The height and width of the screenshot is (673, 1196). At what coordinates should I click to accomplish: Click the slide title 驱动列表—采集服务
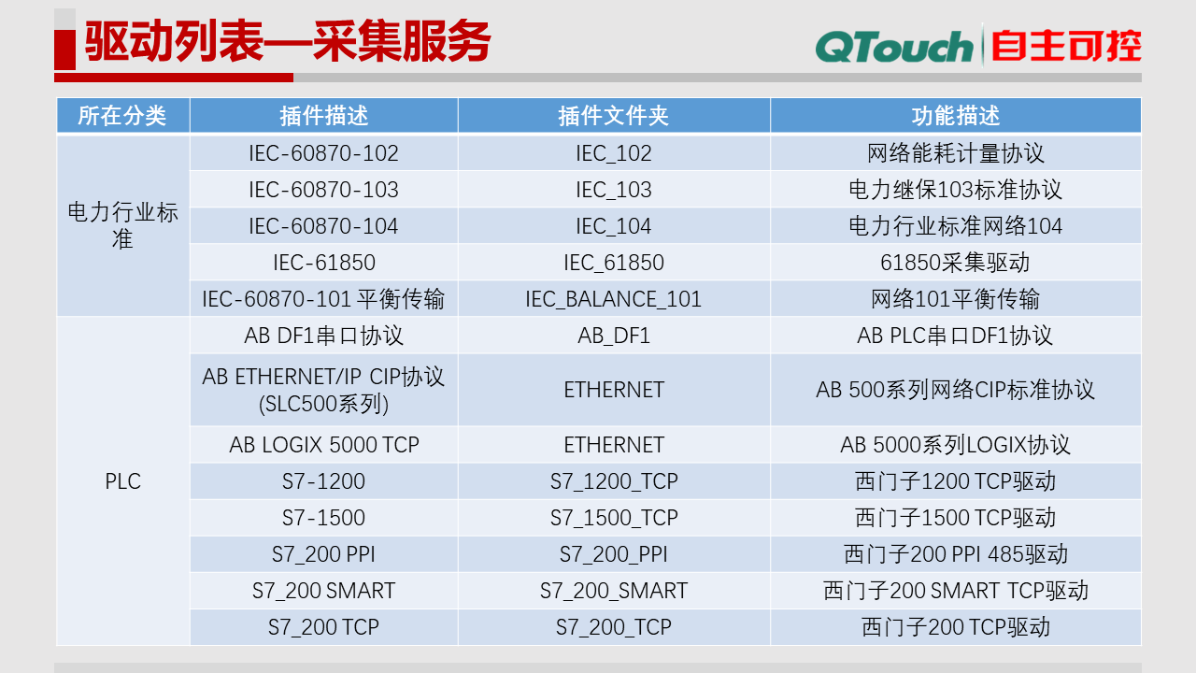point(288,42)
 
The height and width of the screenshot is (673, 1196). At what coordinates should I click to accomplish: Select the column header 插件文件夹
point(613,115)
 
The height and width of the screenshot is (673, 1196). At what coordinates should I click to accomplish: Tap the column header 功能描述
point(955,115)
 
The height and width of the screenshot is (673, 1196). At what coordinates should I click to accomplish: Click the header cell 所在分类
point(122,115)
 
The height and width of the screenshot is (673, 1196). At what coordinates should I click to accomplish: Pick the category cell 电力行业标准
point(122,225)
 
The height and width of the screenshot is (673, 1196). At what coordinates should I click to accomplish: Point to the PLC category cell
point(122,481)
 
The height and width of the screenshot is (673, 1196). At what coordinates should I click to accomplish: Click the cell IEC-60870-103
point(323,190)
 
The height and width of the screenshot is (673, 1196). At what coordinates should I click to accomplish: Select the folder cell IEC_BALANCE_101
point(613,299)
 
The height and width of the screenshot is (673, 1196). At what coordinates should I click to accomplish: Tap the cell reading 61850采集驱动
point(955,263)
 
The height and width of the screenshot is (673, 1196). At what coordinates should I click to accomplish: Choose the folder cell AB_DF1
point(613,336)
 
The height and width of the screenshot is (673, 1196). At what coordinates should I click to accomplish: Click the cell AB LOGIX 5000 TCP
point(323,445)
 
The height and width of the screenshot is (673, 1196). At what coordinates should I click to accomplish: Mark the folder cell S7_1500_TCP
point(613,518)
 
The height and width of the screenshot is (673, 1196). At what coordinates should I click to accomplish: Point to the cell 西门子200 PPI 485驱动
point(955,554)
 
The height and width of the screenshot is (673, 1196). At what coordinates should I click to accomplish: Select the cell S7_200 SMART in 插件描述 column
point(323,591)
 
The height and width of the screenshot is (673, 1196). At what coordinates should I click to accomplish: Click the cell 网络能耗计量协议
point(955,153)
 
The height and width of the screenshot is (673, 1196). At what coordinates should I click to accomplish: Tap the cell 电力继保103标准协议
point(955,190)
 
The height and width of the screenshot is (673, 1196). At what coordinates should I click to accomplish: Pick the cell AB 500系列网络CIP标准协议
point(955,390)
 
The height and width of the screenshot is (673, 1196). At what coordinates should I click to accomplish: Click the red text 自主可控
point(1066,46)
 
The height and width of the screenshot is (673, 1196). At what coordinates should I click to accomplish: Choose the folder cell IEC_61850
point(613,263)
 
